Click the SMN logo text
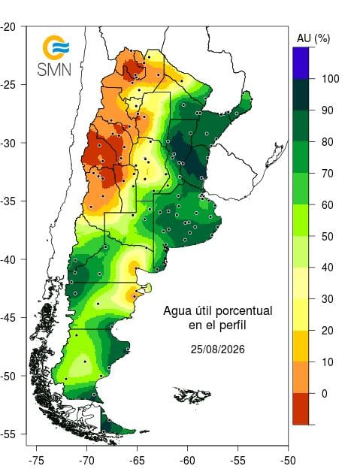[54, 70]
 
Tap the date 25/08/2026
[218, 349]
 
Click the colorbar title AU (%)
[313, 39]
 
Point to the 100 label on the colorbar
[331, 79]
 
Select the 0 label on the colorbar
[324, 393]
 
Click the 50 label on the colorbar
[327, 236]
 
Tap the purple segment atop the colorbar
[301, 63]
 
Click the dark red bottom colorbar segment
[301, 409]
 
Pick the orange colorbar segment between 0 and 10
[301, 377]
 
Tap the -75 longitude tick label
[36, 460]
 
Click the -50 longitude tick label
[288, 460]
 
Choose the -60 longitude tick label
[187, 460]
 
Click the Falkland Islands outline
[192, 395]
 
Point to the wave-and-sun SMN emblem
[56, 47]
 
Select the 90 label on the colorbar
[327, 110]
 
